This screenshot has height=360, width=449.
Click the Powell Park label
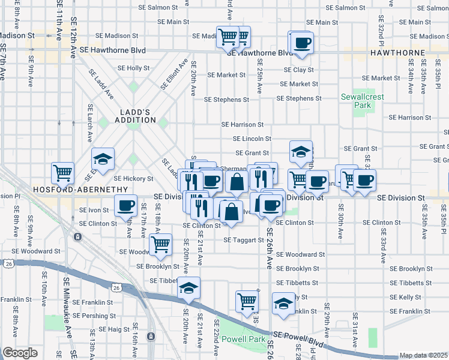point(243,339)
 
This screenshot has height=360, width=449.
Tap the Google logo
point(20,353)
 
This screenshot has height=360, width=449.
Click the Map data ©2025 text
point(423,355)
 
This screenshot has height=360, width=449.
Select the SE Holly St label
point(133,68)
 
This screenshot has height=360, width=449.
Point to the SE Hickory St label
point(134,179)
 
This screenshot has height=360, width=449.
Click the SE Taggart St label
point(244,240)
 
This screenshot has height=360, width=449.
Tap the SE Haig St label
point(110,329)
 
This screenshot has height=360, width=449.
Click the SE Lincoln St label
point(252,139)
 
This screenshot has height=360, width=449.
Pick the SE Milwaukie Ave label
point(68,327)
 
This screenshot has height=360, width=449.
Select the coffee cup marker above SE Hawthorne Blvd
point(302,43)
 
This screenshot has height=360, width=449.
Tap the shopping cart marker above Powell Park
point(247,302)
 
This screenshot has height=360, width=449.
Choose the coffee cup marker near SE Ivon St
point(125,206)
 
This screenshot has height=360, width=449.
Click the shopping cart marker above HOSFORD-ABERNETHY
point(62,173)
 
